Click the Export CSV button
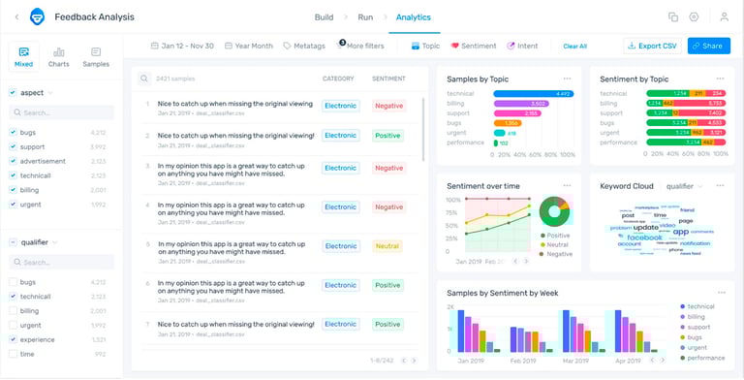pos(652,46)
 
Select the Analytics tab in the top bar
pos(413,17)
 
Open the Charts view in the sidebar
pos(59,57)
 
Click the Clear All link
pos(574,46)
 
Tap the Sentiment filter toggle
pos(473,46)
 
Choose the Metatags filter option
pos(304,46)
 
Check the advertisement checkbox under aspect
pos(13,161)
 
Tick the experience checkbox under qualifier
pos(13,339)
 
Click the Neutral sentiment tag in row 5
pos(387,246)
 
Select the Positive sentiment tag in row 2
pos(387,136)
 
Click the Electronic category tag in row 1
pos(341,106)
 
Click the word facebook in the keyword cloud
pos(644,237)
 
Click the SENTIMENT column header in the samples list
pos(388,79)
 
